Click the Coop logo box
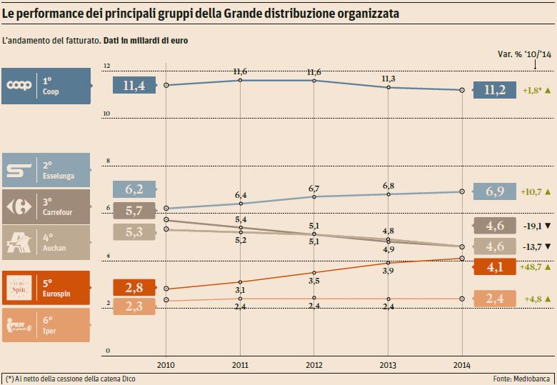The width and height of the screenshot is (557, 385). coord(46,86)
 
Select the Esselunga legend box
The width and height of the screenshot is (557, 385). coord(46,170)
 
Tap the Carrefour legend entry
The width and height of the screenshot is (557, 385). coord(46,206)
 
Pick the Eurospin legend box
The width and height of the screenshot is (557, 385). coord(46,288)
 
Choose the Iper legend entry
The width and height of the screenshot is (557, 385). coord(46,325)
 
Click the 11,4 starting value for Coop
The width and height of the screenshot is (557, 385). coord(135,86)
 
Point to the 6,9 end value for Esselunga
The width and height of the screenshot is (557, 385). coord(495,192)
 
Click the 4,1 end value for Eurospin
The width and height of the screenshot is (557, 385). coord(495,268)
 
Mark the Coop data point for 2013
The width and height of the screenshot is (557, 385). coord(388,87)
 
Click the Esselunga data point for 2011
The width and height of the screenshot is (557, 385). coord(240,204)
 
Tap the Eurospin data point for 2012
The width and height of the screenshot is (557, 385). coord(314,273)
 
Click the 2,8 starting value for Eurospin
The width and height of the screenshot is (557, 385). coord(135,288)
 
